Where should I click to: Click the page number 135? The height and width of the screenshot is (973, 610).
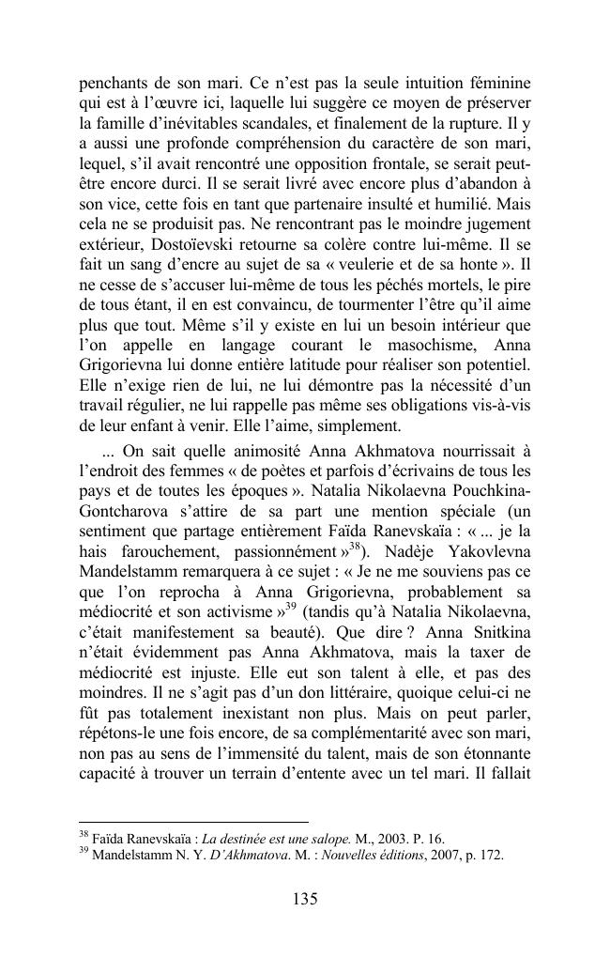[305, 899]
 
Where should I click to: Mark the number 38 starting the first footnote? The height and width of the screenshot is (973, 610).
[82, 835]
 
